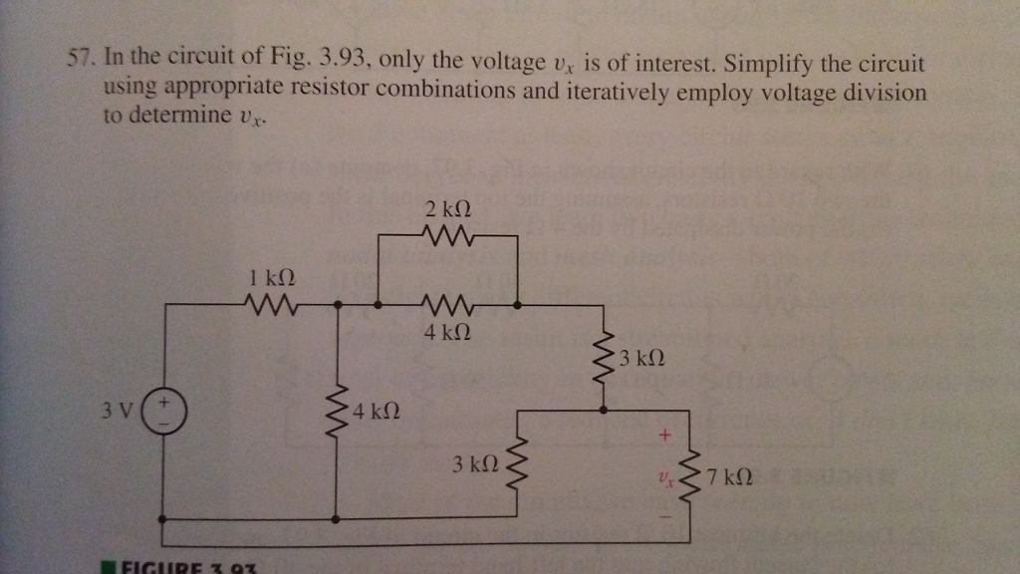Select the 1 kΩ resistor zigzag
point(269,301)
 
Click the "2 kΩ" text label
point(445,210)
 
